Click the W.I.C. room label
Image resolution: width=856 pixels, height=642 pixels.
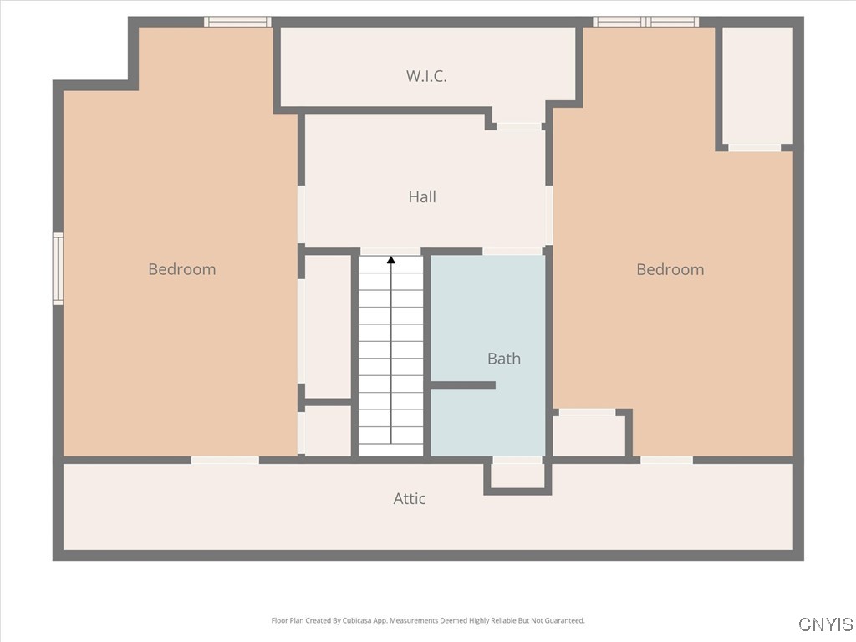(426, 76)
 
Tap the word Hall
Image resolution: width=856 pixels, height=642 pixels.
(422, 197)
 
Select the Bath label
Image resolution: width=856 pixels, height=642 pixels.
(503, 359)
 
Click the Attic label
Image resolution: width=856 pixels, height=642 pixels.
(410, 499)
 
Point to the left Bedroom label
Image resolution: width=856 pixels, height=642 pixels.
(181, 269)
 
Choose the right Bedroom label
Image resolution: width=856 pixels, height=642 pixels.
(670, 269)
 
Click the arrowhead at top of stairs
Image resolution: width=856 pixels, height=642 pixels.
(391, 260)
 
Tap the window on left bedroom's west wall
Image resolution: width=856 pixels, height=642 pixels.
(58, 268)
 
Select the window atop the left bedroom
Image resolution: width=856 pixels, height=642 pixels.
(238, 22)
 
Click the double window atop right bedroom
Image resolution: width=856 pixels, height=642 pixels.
(645, 22)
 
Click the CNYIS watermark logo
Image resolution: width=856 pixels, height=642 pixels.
(825, 624)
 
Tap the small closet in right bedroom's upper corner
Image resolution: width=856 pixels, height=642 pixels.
(757, 85)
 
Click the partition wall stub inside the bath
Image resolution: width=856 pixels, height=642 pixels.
(463, 385)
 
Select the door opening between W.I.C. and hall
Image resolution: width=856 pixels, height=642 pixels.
(519, 126)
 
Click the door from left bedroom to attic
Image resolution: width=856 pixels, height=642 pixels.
(225, 460)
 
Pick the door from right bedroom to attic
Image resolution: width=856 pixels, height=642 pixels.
(666, 460)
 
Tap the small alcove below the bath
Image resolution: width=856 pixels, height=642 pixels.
(517, 475)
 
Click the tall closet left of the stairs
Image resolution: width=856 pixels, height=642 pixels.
(328, 326)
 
